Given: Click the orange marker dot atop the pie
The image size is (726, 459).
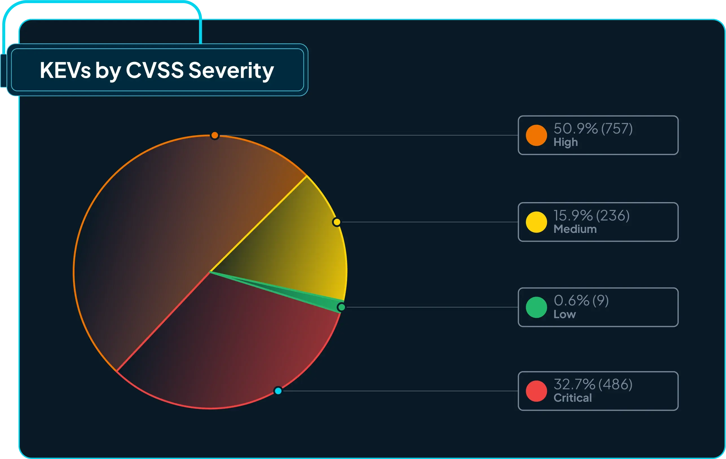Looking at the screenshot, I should coord(215,135).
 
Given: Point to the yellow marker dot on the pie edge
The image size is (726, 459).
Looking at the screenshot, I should coord(336,222).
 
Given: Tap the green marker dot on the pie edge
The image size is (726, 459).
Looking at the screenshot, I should coord(341,307).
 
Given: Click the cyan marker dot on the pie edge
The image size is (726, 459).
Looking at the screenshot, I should coord(278,391).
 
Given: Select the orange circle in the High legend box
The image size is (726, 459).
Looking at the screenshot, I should coord(536,135).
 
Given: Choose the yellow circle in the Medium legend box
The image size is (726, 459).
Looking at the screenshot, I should coord(536,222).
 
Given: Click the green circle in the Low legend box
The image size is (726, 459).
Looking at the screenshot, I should coord(536,307).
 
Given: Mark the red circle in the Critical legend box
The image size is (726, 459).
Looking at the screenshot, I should coord(536,391).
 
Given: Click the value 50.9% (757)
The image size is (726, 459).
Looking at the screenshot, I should coord(593,128).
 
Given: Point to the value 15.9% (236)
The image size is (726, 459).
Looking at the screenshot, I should coord(591,215).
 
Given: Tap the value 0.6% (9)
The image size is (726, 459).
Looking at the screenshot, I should coord(581,301).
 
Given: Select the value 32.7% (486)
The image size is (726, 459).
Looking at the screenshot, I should coord(593,384).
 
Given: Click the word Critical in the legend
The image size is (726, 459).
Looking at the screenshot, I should coord(573,398).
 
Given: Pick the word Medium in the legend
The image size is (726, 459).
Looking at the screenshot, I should coord(575,229).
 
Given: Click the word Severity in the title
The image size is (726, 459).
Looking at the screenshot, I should coord(231,70).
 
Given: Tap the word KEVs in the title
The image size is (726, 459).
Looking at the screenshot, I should coord(65,70).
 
